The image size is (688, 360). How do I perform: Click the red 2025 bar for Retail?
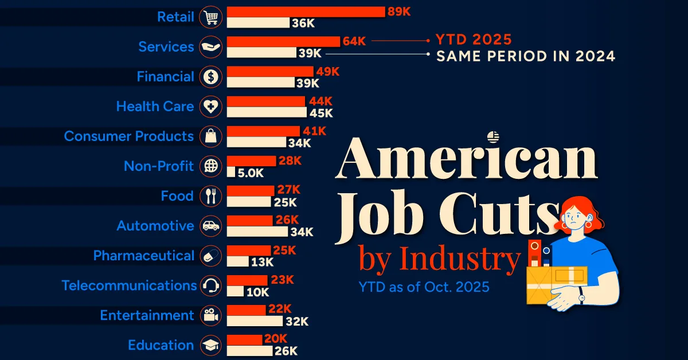306,11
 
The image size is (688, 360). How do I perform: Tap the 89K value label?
400,11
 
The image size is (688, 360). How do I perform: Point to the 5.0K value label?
251,172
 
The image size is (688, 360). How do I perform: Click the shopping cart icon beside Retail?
210,17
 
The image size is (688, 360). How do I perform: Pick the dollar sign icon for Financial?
210,77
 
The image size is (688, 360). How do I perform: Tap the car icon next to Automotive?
210,226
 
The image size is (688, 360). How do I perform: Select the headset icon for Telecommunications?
210,285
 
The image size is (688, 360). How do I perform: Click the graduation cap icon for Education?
210,345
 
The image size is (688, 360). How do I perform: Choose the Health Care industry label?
155,106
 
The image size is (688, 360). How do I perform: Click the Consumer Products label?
128,136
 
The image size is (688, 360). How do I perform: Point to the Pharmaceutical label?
144,256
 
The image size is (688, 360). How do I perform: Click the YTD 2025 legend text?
474,40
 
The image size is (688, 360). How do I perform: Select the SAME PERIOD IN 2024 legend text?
526,56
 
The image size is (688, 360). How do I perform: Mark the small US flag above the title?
493,136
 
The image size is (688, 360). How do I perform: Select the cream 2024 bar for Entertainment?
255,321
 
